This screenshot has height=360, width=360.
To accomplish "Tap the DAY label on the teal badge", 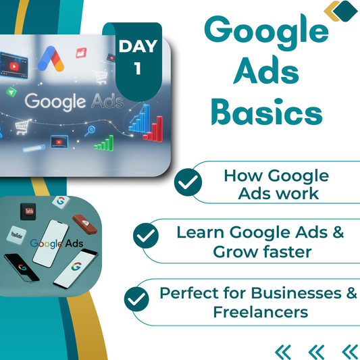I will point(138,46).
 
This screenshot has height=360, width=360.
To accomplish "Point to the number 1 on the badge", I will point(138,70).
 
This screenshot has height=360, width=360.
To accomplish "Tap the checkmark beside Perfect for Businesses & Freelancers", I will point(137,297).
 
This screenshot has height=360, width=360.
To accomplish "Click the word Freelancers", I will point(261,312).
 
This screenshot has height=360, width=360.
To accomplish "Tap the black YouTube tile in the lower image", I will point(28,211).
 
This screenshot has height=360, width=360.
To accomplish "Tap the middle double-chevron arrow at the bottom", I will point(316,351).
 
